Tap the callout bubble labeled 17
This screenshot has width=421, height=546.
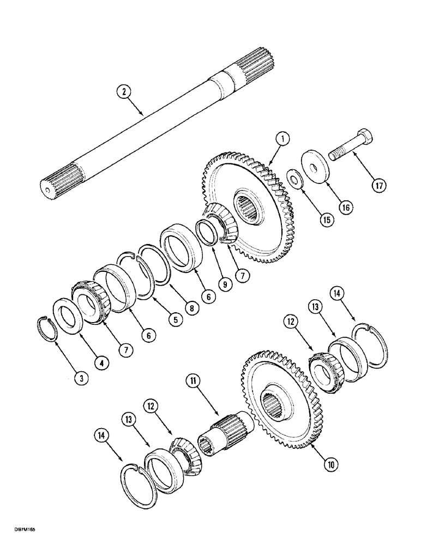click(x=379, y=185)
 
